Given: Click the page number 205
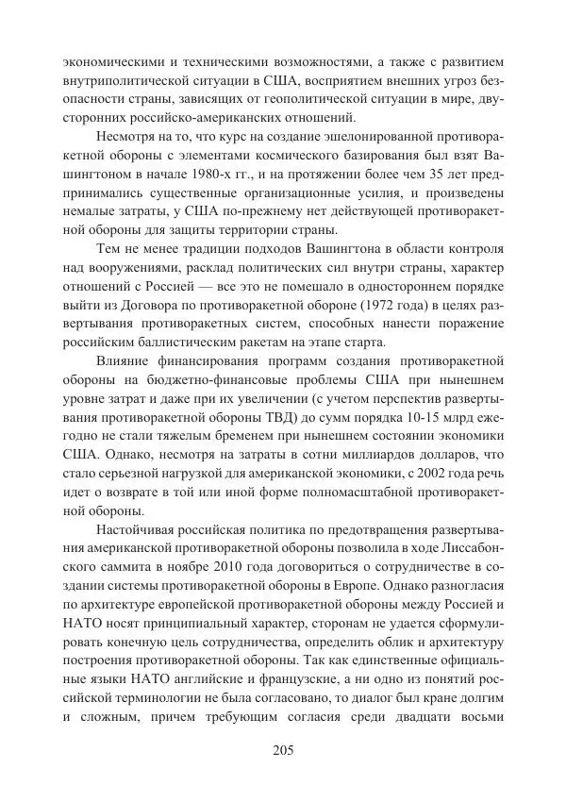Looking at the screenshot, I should (x=283, y=750).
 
